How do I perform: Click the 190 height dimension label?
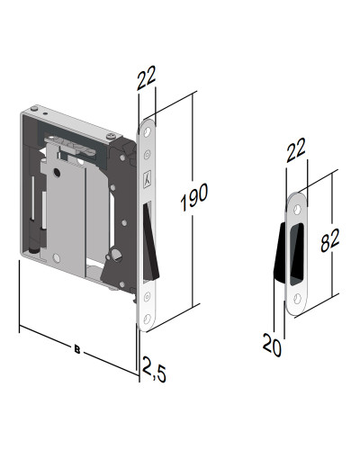[x=200, y=193]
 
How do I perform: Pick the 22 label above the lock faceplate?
[x=148, y=82]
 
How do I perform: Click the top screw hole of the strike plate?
[x=298, y=208]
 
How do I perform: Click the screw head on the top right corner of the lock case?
[x=111, y=137]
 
